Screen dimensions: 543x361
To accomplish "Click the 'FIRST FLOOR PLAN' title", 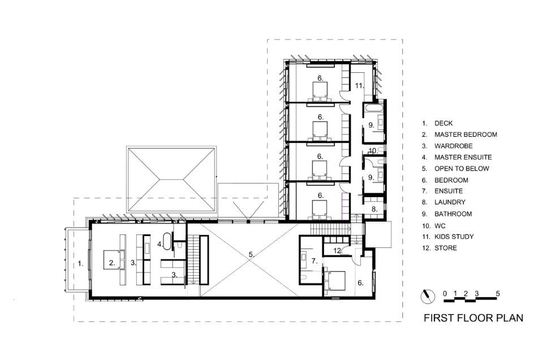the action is [473, 317].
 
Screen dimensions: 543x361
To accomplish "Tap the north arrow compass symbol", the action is [428, 297].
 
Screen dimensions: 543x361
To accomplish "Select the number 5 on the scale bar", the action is [498, 294].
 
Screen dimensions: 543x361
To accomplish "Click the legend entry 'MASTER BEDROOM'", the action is [466, 134].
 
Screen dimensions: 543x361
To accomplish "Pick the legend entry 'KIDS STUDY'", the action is [454, 237].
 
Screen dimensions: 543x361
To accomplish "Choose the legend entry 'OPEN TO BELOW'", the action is [462, 169].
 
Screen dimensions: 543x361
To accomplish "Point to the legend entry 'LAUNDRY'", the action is [450, 202].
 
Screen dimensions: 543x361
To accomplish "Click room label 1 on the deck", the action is [80, 263].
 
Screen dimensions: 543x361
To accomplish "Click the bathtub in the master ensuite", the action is [167, 242].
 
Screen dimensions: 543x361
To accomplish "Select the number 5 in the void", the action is [251, 255].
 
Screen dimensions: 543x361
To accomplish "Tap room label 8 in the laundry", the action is [374, 209].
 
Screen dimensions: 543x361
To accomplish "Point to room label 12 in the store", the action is [338, 250].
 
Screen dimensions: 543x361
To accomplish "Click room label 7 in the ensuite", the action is [314, 261].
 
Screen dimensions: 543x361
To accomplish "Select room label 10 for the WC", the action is [372, 150].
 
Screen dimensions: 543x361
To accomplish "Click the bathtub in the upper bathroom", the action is [373, 108].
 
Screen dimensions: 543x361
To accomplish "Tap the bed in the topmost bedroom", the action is [320, 91].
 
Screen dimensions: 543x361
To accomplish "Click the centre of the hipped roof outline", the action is [171, 180].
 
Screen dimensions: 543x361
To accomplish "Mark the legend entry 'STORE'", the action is [446, 248].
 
